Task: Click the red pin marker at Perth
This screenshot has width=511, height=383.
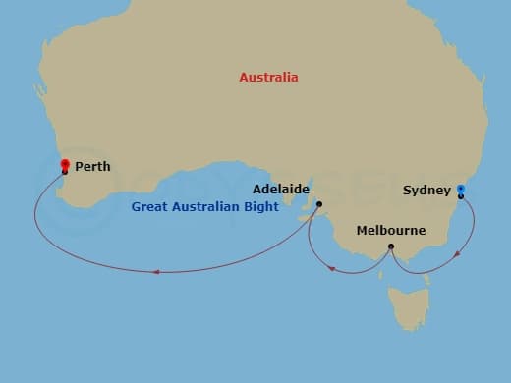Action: point(65,165)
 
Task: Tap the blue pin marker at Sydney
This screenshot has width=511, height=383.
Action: point(461,190)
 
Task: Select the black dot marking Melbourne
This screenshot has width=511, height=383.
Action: point(391,246)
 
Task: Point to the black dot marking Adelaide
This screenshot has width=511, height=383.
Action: point(319,204)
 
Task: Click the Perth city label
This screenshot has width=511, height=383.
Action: point(92,167)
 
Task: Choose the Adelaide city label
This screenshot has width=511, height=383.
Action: point(281,188)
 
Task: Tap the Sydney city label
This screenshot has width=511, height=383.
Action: point(426,190)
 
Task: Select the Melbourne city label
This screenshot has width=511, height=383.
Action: point(391,231)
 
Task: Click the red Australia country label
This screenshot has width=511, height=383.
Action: point(268,77)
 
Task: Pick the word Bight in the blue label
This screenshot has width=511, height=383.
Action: point(260,207)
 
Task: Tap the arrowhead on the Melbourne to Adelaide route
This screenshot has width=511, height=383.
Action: point(334,268)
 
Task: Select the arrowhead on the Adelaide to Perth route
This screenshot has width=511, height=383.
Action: point(155,272)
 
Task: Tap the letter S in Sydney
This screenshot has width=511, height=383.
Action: point(407,190)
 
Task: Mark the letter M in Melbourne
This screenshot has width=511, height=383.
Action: point(363,231)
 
